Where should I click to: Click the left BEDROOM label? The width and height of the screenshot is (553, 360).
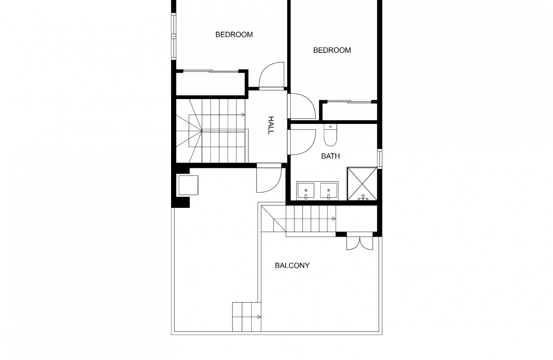234,35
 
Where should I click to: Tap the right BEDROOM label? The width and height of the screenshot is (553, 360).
332,50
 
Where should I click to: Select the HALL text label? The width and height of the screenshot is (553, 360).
270,125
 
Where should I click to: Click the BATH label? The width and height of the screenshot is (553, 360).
330,156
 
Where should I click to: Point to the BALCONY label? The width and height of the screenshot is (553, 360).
292,266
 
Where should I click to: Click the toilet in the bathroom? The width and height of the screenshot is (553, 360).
330,135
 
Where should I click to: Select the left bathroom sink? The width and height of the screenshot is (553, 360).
305,191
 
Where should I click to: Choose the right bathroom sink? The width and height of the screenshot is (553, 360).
329,191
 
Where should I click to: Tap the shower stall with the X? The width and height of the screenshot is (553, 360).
362,184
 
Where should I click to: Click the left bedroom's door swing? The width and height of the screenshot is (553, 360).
272,76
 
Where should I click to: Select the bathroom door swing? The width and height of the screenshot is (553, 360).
302,142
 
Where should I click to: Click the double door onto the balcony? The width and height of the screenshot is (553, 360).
360,243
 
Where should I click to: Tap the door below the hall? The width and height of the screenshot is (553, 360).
268,179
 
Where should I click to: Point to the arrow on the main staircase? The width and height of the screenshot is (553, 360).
243,114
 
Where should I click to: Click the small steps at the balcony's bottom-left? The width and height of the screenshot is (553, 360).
246,317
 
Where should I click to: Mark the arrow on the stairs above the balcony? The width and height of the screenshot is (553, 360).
334,219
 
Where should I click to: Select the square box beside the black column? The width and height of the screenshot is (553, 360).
188,185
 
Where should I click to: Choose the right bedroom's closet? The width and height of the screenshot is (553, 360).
349,111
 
